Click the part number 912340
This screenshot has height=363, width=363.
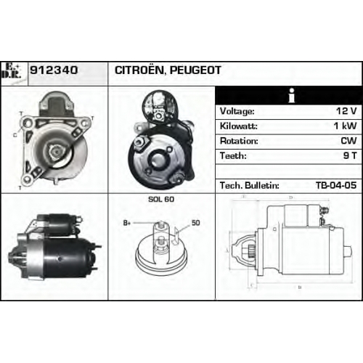coord(54,70)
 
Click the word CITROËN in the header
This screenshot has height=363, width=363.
coord(139,70)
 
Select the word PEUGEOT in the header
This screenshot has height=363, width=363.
coord(195,70)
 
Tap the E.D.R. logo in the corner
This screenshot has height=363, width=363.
coord(11,71)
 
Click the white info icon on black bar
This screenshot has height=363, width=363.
coord(292,95)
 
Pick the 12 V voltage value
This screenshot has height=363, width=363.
coord(346,111)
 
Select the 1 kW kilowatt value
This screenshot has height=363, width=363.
coord(345,126)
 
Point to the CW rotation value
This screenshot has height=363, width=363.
coord(348,141)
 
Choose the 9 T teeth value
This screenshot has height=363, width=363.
coord(350,155)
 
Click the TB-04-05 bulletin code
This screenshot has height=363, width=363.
coord(336,185)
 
